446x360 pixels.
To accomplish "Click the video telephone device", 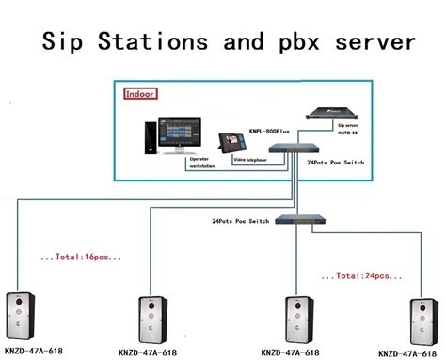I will (x=235, y=143).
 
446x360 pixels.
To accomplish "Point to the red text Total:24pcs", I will (x=357, y=275).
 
